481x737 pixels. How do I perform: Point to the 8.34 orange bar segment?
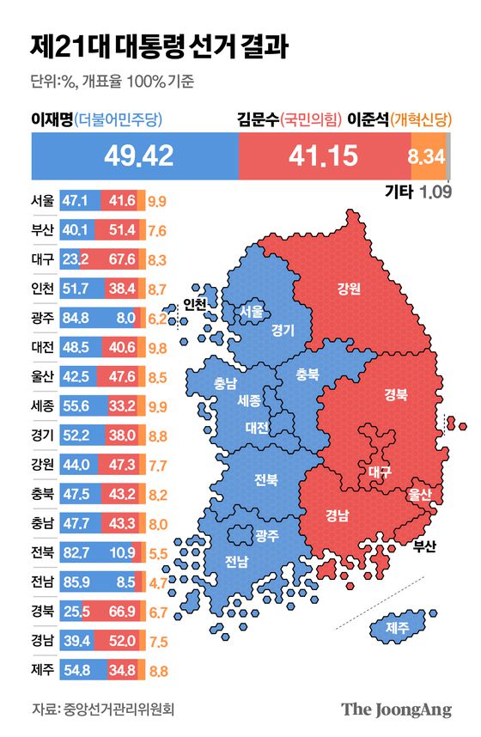click(427, 156)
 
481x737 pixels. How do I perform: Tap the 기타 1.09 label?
click(417, 192)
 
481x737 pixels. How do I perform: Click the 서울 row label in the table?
click(42, 201)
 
